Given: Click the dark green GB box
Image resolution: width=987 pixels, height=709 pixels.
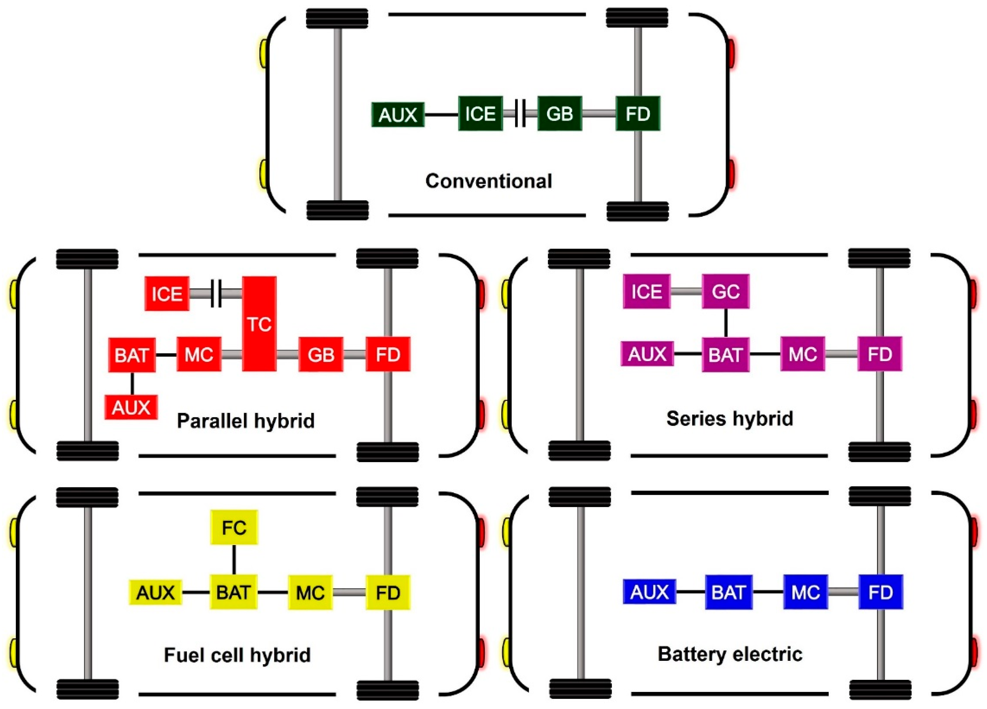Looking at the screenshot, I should (x=559, y=114).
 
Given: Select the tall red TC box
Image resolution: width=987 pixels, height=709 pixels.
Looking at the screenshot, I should (x=259, y=324).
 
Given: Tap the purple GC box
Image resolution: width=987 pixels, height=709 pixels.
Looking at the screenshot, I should (x=725, y=291).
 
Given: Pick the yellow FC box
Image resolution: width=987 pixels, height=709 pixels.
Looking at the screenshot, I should (x=234, y=527).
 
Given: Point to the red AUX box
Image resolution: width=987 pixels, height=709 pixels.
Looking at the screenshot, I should (x=131, y=408).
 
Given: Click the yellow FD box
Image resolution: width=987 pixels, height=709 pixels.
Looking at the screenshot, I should (x=388, y=592).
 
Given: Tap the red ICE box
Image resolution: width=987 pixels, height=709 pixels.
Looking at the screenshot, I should (x=167, y=294).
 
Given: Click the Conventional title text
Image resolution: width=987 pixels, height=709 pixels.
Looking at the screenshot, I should (x=488, y=181).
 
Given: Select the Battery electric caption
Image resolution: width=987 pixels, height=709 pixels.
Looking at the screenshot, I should (x=730, y=654).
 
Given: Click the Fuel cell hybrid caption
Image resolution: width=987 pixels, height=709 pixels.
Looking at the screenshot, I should (x=237, y=655).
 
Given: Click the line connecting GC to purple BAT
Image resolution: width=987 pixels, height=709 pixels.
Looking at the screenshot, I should (x=725, y=323).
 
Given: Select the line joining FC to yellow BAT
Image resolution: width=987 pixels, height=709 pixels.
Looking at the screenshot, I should (x=234, y=560).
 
